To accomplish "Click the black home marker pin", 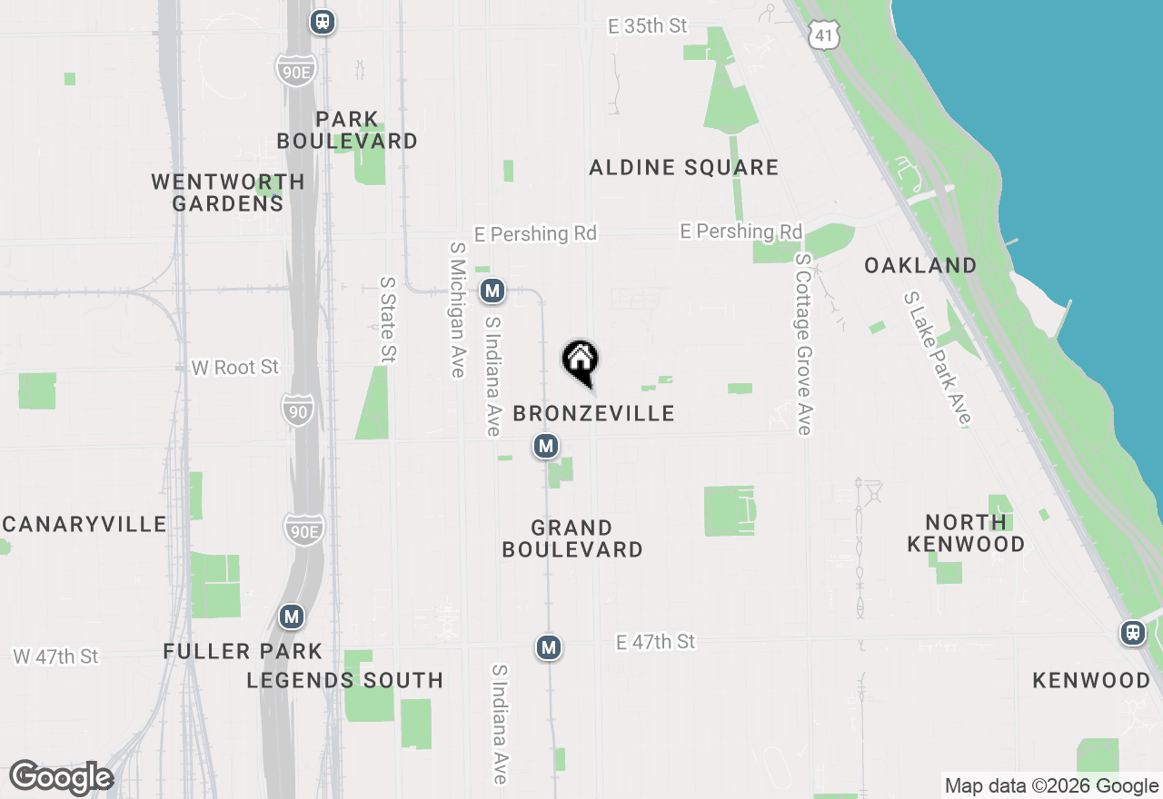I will [581, 361].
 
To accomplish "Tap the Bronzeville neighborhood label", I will [593, 414].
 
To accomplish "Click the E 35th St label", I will [648, 26].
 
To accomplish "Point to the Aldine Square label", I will [683, 168].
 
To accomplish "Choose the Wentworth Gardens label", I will [228, 192].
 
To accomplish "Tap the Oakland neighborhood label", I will [920, 266].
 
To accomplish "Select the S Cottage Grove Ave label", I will [802, 344].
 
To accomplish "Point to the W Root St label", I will [235, 368].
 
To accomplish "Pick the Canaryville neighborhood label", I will [84, 525].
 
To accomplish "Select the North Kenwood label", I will [966, 533].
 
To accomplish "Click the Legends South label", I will [345, 680].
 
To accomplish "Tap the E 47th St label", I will [655, 642].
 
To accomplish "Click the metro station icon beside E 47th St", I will [548, 647].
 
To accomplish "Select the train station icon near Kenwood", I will [1132, 633].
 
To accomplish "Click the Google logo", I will [61, 778].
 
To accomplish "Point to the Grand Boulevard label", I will [572, 538].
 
